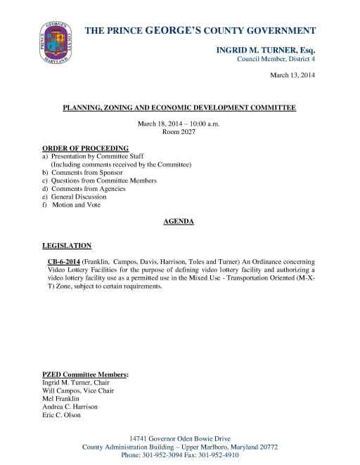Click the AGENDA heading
(x=179, y=221)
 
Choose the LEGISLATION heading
(x=67, y=246)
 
